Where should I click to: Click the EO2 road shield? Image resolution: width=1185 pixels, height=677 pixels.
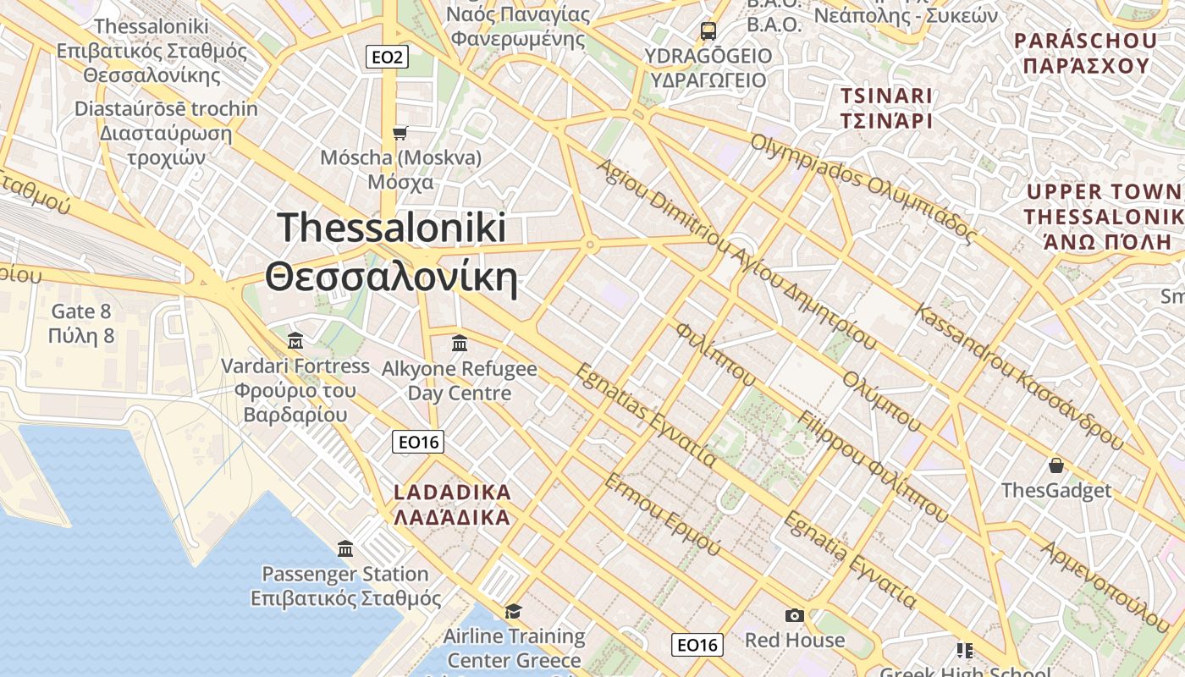point(389,58)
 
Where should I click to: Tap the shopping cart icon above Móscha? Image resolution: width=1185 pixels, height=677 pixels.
point(400,133)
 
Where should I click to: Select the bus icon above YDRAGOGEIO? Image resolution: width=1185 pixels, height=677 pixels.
point(708,31)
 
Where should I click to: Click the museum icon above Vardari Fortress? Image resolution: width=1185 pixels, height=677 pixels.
point(295,341)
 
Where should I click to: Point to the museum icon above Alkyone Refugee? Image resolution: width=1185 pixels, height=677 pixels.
point(460,343)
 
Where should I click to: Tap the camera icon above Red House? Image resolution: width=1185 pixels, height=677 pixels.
point(794,615)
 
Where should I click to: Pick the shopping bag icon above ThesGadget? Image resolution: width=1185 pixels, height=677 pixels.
point(1055,465)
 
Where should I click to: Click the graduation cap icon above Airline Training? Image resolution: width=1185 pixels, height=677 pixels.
point(513,611)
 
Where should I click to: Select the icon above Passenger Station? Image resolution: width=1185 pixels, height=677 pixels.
point(345,549)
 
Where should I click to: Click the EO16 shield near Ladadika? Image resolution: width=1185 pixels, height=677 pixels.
point(418,442)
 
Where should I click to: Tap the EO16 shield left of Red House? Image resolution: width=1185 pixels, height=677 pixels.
point(697,645)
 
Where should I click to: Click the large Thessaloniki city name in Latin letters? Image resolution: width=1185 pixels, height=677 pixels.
point(392,228)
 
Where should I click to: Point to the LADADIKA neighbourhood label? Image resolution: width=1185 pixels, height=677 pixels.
point(453,493)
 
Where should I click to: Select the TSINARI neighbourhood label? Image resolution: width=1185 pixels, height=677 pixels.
point(886,96)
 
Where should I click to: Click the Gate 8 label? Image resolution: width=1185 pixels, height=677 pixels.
point(81,311)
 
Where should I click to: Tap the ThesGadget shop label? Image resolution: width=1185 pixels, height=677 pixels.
point(1056,491)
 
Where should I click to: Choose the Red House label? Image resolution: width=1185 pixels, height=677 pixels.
point(795,640)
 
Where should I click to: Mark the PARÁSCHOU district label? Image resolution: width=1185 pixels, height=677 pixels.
point(1085,41)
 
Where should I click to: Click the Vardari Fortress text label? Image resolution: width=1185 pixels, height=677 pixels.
point(295,366)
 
